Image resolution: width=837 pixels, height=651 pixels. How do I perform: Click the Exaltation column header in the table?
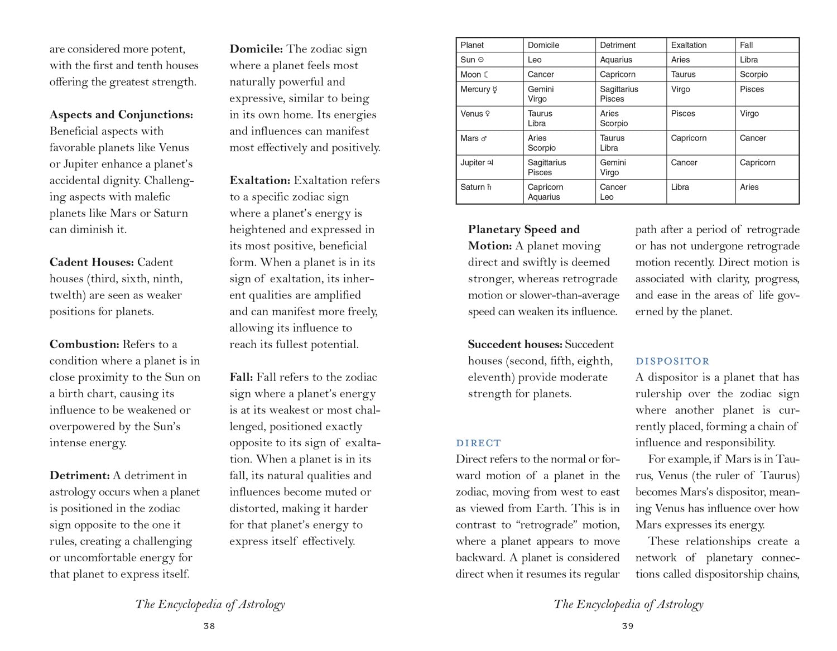tap(689, 45)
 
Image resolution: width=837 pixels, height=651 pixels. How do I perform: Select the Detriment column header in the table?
tap(618, 45)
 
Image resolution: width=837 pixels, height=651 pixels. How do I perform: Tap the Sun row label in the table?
tap(472, 60)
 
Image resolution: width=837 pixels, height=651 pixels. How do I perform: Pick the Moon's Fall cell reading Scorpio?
tap(754, 74)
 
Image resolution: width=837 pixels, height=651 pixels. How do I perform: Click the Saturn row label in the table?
tap(476, 187)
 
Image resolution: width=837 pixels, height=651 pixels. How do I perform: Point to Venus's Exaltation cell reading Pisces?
tap(683, 114)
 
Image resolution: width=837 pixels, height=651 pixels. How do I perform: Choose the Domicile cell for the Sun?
tap(535, 60)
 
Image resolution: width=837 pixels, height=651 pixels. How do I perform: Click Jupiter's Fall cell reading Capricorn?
tap(757, 163)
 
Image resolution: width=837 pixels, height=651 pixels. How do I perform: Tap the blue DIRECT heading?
tap(478, 443)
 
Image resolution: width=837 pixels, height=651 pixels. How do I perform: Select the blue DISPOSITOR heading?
tap(672, 361)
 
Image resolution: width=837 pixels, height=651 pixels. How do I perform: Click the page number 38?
tap(209, 626)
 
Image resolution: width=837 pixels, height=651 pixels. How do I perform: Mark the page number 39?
tap(628, 626)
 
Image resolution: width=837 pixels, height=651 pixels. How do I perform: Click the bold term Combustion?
tap(84, 345)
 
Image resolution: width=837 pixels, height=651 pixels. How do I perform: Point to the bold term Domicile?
tap(256, 49)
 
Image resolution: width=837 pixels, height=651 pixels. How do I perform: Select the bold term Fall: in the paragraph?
tap(241, 378)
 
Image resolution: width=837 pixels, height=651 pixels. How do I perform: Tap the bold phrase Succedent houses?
tap(515, 345)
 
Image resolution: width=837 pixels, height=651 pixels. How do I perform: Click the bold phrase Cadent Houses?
tap(92, 262)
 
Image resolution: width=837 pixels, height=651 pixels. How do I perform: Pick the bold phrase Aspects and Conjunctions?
tap(121, 115)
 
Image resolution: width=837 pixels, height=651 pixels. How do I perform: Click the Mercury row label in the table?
tap(478, 89)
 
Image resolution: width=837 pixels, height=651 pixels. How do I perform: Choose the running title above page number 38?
tap(210, 604)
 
